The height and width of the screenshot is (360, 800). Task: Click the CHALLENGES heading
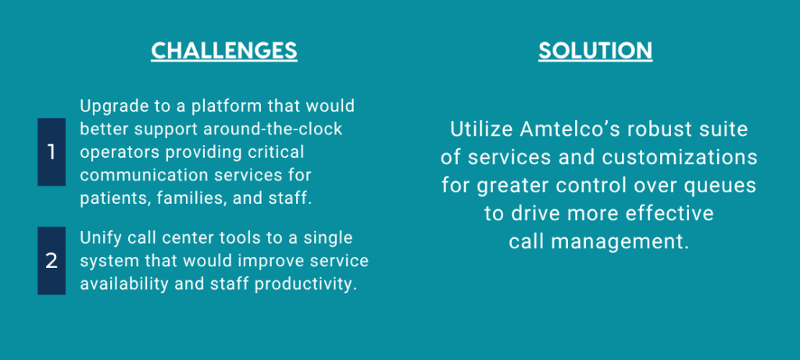point(224,51)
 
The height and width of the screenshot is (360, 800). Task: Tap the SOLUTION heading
point(595,51)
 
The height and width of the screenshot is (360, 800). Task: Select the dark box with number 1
point(52,152)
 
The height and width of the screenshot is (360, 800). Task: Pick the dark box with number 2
point(52,261)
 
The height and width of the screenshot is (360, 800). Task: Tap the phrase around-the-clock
point(273,130)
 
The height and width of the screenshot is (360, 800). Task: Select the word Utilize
point(480,130)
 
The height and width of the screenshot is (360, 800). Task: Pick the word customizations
point(679,158)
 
